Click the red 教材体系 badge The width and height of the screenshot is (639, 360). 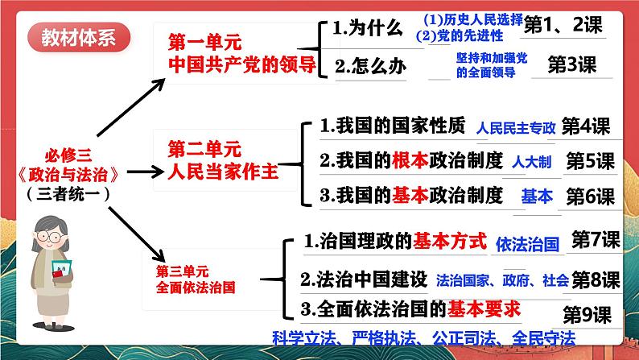coord(79,37)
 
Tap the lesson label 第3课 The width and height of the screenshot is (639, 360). coord(571,64)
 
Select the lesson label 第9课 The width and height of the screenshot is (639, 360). coord(587,315)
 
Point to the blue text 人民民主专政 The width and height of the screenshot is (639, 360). coord(516,127)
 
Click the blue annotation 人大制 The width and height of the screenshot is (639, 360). coord(531,162)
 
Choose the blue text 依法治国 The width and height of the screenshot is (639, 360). coord(527,244)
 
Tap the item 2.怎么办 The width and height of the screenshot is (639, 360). coord(370,66)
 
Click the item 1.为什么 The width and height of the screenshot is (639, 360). coord(368,27)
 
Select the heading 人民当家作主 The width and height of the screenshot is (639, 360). coord(223,172)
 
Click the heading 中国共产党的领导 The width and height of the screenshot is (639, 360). coord(242,64)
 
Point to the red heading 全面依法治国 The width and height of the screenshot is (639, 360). coord(196,288)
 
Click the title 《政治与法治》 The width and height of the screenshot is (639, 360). coord(68,175)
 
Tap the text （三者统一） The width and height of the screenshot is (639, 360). coord(68,193)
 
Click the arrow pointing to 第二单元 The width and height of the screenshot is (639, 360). coord(145,172)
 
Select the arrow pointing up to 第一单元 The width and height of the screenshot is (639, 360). coord(131,107)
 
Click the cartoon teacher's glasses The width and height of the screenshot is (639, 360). coord(49,237)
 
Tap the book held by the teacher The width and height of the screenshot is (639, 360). coord(61,269)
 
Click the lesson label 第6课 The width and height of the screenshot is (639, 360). coord(591,197)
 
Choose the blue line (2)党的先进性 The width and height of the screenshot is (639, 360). coord(460,36)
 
